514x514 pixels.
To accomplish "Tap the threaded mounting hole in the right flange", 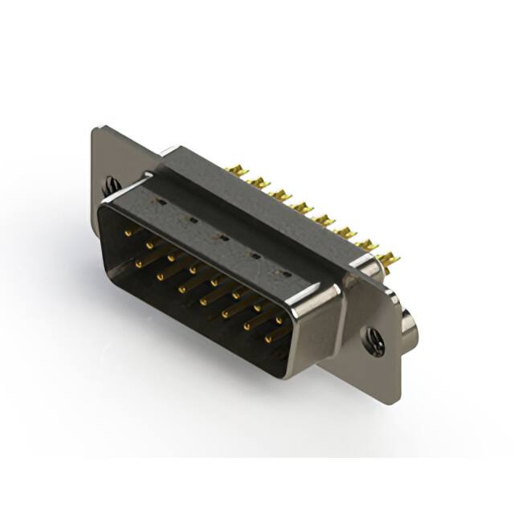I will (374, 341).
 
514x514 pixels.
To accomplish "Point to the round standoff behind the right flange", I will (411, 327).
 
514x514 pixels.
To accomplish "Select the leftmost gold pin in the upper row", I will (128, 232).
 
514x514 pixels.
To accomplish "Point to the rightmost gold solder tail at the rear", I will (389, 259).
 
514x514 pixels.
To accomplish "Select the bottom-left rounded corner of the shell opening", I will (112, 273).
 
